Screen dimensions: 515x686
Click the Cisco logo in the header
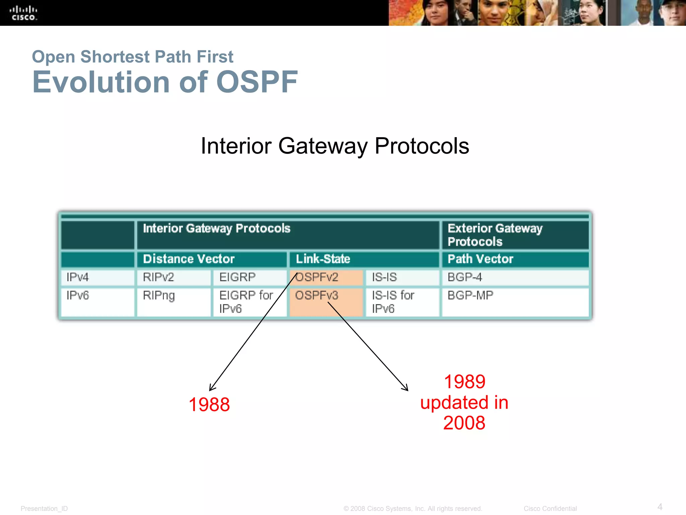click(x=23, y=13)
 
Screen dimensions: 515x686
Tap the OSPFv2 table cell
click(x=326, y=277)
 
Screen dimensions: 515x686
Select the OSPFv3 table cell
click(x=326, y=301)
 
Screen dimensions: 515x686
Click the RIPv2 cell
click(x=173, y=277)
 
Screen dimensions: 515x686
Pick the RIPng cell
click(x=173, y=301)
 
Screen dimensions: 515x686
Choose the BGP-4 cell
click(x=514, y=277)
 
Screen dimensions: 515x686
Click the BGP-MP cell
click(x=514, y=301)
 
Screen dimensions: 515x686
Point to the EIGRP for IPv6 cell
click(x=249, y=301)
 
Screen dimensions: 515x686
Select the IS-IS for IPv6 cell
click(x=402, y=301)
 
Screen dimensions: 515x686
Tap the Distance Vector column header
click(x=211, y=259)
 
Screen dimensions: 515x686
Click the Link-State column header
click(x=363, y=259)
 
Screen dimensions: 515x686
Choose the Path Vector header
click(x=514, y=259)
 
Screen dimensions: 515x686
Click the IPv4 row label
click(x=97, y=277)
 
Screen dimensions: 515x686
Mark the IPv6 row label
click(x=97, y=301)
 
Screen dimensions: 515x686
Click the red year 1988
click(x=209, y=404)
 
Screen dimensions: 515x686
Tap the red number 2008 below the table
click(x=464, y=423)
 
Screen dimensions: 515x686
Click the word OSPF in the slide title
click(x=257, y=82)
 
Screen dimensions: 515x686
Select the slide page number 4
click(x=660, y=507)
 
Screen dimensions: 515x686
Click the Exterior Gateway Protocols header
click(x=514, y=235)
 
